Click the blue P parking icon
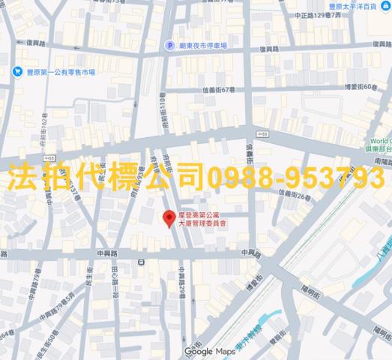(x=170, y=45)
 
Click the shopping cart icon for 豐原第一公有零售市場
(x=16, y=72)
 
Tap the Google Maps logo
(x=199, y=351)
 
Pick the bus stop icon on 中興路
(x=142, y=261)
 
